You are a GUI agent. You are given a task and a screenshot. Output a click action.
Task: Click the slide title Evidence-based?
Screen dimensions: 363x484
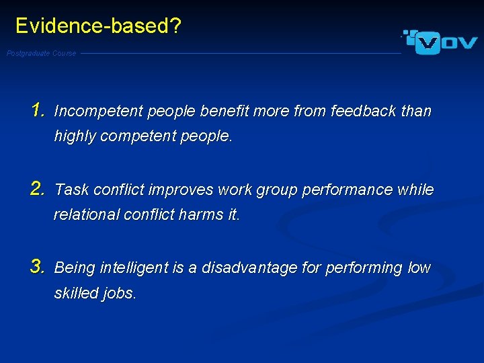[x=98, y=26]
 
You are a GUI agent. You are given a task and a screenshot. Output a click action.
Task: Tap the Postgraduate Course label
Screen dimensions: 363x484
[x=42, y=54]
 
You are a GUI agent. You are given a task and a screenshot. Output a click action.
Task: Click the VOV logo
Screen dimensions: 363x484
[x=441, y=42]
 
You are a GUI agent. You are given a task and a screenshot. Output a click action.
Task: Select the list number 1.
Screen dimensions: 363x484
[x=38, y=110]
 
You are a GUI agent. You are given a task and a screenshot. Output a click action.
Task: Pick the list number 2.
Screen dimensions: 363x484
[x=38, y=190]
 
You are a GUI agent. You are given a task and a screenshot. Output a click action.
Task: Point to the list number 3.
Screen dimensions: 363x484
[x=38, y=268]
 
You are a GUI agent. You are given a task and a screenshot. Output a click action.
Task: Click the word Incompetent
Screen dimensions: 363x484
[x=99, y=112]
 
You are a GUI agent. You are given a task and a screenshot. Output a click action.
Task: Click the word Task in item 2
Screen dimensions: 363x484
[x=70, y=190]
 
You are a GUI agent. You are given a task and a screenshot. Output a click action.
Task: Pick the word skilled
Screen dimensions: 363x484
[x=76, y=294]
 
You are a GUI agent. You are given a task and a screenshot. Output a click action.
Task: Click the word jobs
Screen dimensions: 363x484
[x=120, y=294]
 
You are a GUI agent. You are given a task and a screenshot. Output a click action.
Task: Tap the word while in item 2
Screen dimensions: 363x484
[x=416, y=190]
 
